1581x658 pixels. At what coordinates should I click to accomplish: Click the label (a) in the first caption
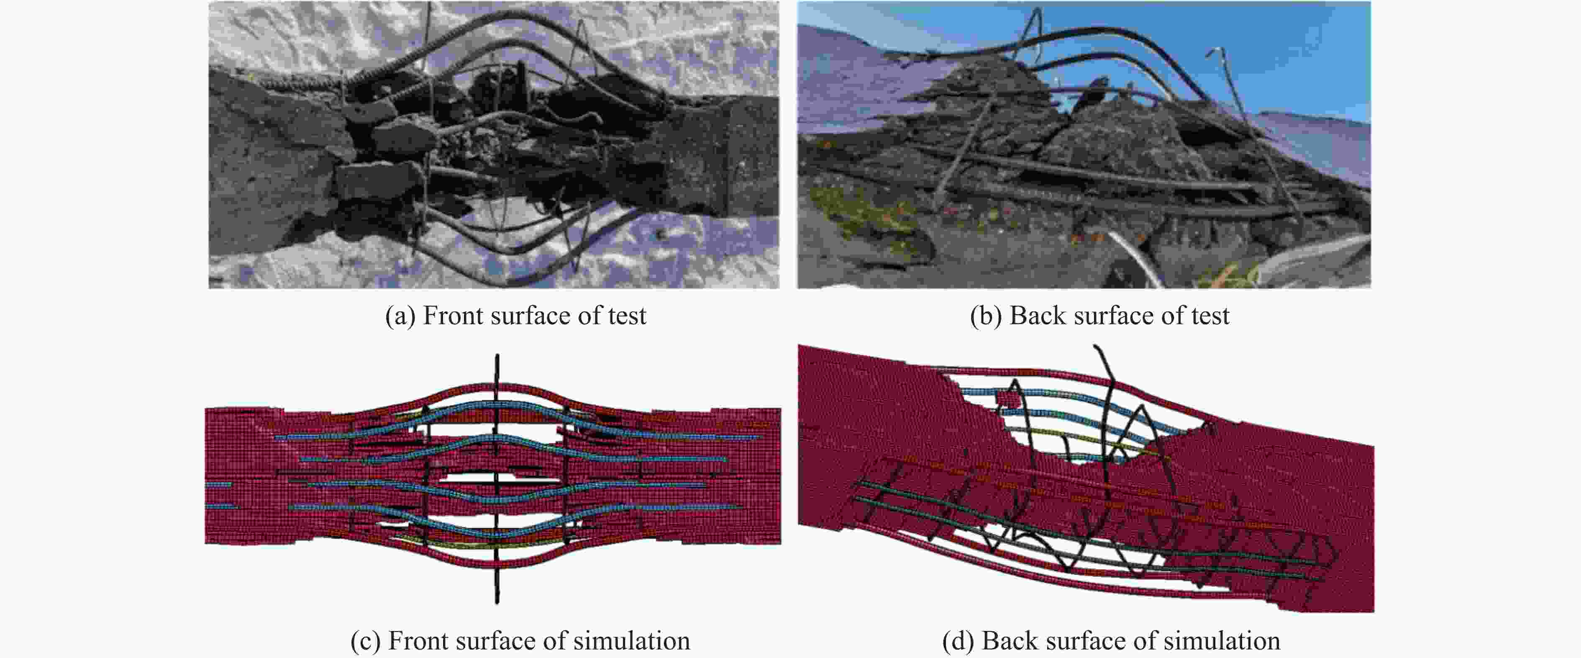(x=400, y=316)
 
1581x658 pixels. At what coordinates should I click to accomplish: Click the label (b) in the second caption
(x=986, y=316)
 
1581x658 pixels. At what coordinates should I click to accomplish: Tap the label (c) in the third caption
(x=365, y=641)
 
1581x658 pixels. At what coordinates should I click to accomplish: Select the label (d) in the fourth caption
(x=958, y=641)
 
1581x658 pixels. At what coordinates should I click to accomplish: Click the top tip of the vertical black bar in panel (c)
(x=497, y=355)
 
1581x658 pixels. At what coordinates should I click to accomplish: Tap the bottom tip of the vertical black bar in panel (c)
(x=497, y=603)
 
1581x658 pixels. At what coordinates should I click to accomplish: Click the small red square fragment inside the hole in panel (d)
(x=1008, y=400)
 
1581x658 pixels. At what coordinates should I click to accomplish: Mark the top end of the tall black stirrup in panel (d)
(x=1096, y=347)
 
